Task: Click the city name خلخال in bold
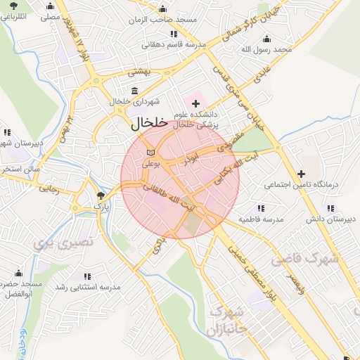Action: (148, 122)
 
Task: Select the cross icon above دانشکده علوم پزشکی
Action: (195, 103)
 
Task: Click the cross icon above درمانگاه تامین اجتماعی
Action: (302, 174)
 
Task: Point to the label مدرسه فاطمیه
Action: (264, 219)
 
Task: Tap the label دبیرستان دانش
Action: (328, 219)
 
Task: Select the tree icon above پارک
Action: (102, 195)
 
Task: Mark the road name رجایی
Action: (50, 188)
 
